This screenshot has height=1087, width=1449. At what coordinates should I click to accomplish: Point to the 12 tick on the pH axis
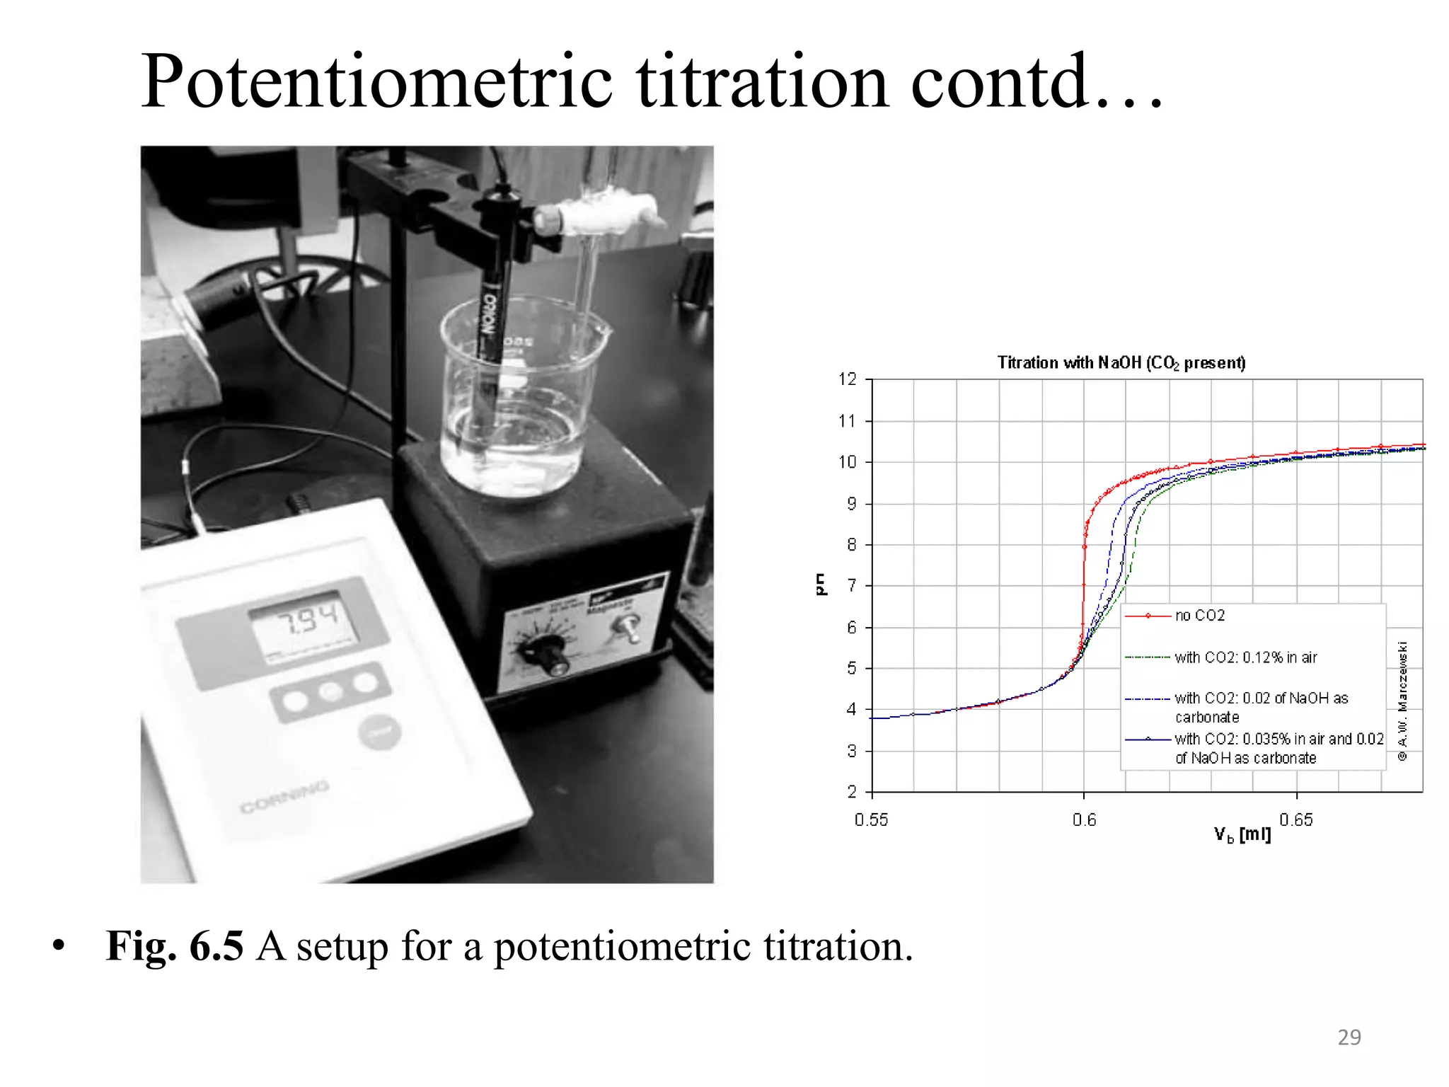coord(848,379)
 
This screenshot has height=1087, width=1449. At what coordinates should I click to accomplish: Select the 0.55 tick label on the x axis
coord(871,820)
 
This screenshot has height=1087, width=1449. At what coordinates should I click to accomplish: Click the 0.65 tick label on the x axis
coord(1296,820)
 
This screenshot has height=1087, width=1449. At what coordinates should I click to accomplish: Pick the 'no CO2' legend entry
coord(1200,616)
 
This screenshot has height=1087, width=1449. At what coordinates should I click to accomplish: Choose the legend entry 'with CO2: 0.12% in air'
coord(1245,657)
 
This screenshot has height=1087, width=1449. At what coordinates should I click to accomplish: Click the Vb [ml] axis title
coord(1242,835)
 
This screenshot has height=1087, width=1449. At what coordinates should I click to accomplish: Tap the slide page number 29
coord(1349,1037)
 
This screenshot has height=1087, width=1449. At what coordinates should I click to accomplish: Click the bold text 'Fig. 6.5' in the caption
coord(175,946)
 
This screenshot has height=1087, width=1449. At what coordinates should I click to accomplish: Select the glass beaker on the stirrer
coord(520,403)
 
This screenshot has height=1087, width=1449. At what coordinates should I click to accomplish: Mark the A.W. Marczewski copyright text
coord(1403,701)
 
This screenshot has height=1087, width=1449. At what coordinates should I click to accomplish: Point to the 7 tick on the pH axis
coord(852,586)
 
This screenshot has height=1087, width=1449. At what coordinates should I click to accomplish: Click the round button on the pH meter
coord(379,733)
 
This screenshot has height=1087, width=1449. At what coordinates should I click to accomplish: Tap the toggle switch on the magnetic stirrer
coord(625,626)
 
